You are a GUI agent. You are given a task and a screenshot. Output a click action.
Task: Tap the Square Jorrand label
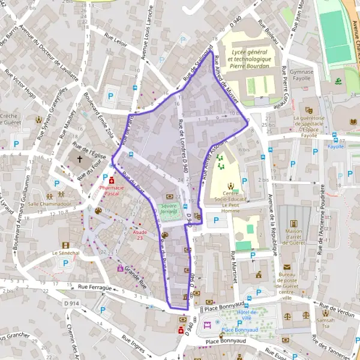[173, 208]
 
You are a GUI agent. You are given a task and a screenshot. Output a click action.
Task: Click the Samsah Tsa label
[327, 323]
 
